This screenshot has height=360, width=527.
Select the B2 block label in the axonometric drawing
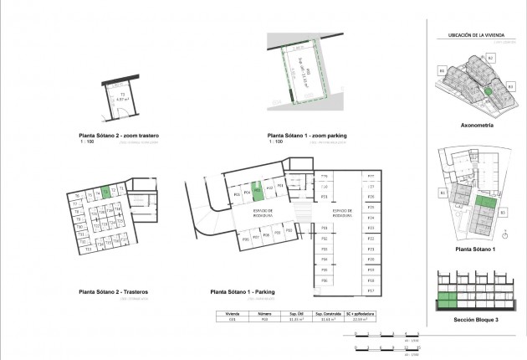click(491, 57)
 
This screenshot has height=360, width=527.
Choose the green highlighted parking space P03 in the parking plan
click(258, 190)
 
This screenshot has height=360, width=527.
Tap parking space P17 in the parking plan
click(370, 290)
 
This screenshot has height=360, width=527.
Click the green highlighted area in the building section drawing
click(448, 302)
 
